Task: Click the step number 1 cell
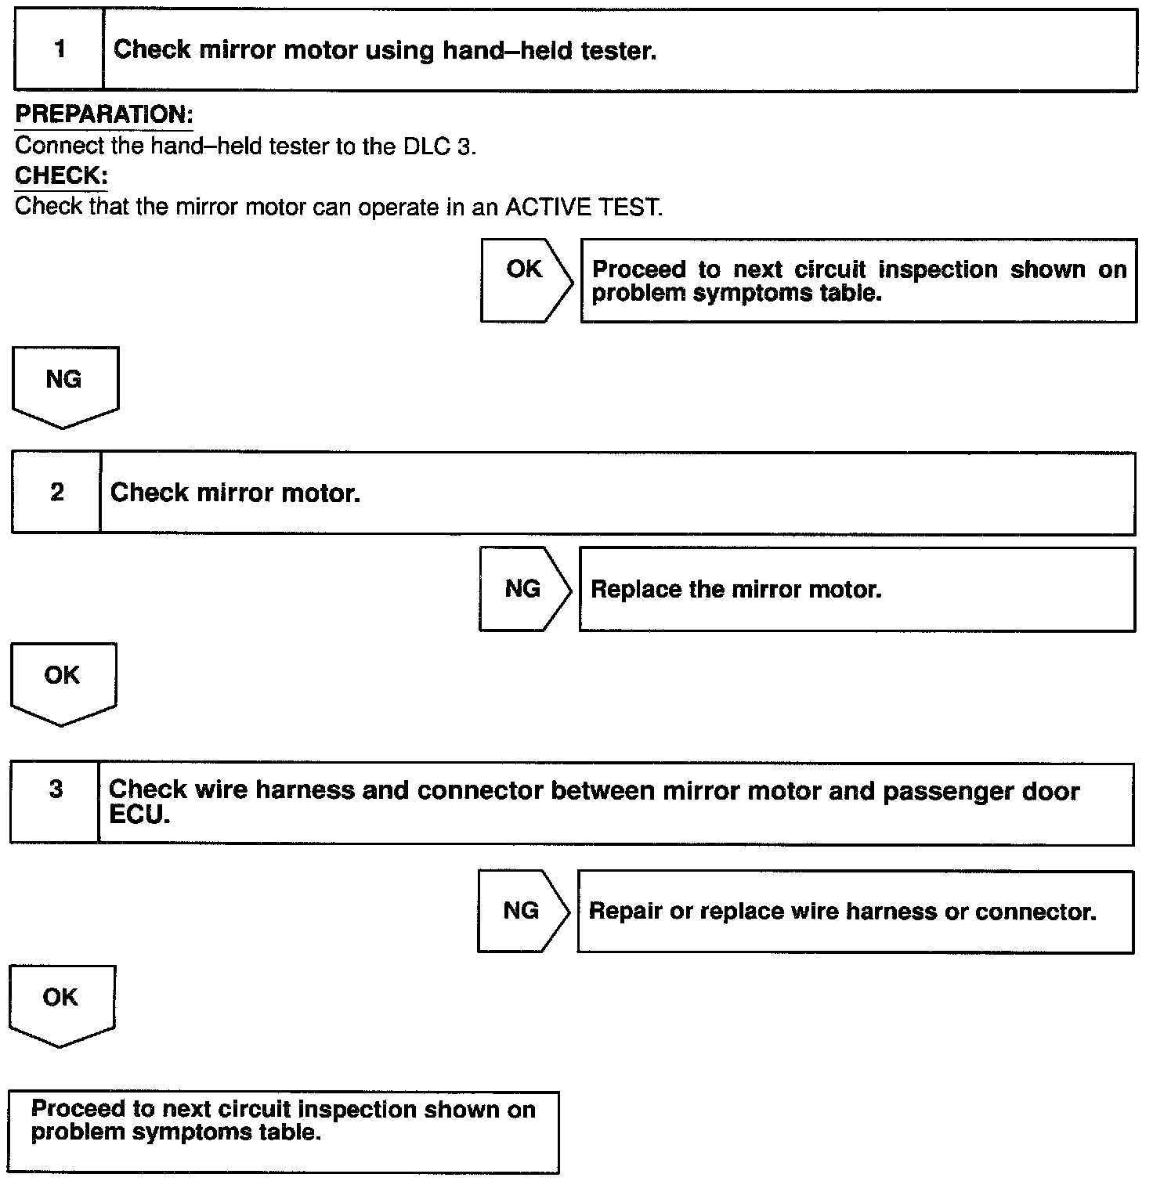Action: click(60, 50)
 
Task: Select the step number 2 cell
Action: click(56, 493)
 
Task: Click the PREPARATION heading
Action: click(103, 114)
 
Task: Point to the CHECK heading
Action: click(61, 175)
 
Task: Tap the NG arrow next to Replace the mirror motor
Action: click(523, 589)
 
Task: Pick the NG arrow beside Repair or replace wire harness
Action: click(522, 911)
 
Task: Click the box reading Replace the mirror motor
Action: click(856, 590)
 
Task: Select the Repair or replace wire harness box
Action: click(855, 912)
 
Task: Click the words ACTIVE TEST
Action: click(584, 208)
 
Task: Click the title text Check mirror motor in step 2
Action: click(235, 493)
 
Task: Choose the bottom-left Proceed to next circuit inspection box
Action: click(284, 1132)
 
